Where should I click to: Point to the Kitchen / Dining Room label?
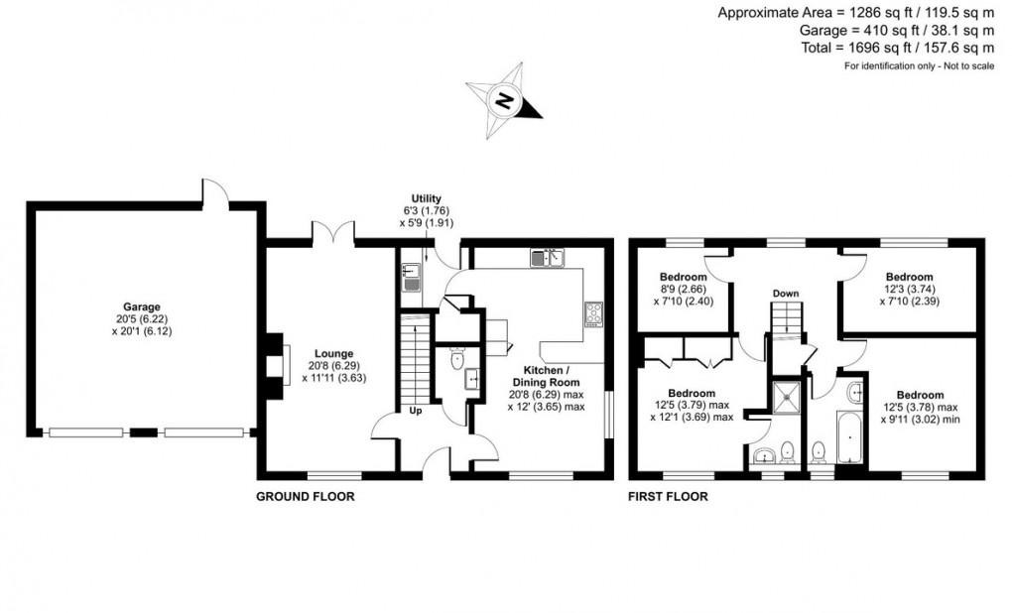click(x=546, y=382)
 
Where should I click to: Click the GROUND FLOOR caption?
click(x=306, y=496)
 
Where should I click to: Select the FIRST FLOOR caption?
click(x=668, y=496)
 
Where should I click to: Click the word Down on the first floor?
click(x=786, y=294)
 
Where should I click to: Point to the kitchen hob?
click(x=593, y=313)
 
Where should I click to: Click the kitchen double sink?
click(x=547, y=258)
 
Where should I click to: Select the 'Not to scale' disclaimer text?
click(x=919, y=66)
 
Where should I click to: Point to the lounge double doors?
click(x=333, y=234)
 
